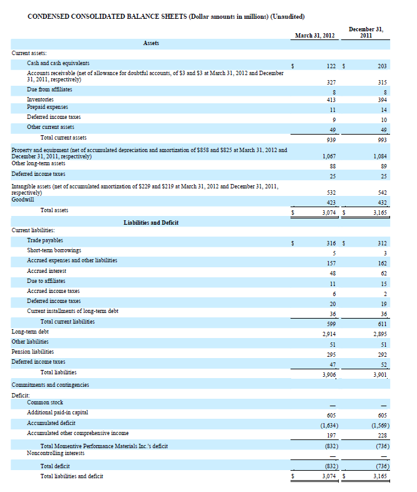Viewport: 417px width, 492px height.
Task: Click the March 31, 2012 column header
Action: (315, 36)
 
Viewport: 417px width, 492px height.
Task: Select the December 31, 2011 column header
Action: (366, 33)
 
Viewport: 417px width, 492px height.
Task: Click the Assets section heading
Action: (151, 43)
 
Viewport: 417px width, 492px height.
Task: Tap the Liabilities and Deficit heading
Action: (151, 222)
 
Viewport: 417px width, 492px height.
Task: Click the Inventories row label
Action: (40, 100)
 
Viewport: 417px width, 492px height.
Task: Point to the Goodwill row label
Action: (23, 200)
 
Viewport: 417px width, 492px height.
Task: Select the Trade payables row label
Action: (45, 240)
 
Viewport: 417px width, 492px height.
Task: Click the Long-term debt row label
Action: (30, 332)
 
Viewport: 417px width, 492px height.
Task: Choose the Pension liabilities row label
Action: (33, 352)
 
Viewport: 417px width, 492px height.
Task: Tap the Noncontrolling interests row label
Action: (56, 453)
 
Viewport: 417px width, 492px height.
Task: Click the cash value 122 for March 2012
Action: (331, 66)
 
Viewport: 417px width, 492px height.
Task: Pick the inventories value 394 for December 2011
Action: (382, 100)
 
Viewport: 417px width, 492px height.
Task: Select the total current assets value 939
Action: (331, 140)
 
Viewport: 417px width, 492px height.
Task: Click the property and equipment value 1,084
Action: (380, 156)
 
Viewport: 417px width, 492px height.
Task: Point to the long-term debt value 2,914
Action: (329, 334)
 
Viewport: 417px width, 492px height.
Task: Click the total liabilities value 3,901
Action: (380, 375)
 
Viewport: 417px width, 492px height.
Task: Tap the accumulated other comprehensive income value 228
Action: (382, 436)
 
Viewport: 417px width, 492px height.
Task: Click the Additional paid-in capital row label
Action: (58, 413)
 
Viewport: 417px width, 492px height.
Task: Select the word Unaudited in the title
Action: (287, 16)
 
